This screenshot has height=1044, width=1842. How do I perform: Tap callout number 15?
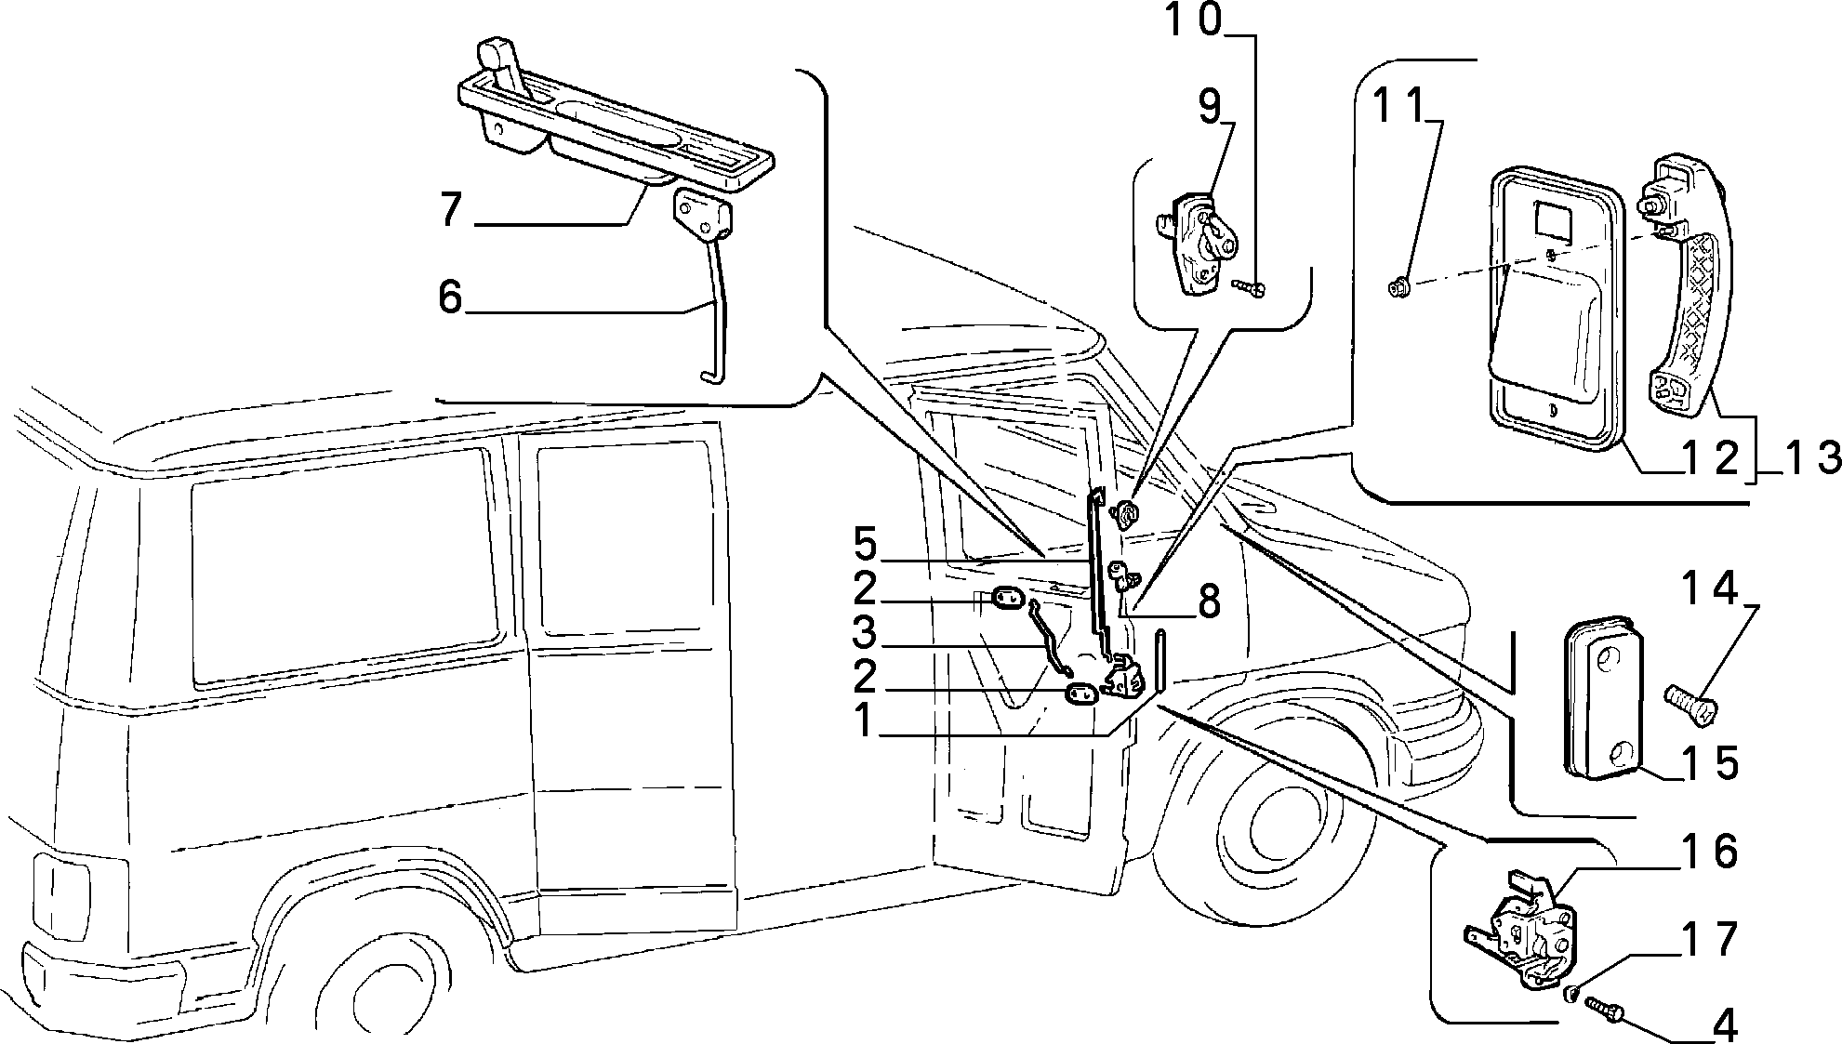click(1711, 762)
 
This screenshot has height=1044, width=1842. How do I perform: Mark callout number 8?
click(1208, 602)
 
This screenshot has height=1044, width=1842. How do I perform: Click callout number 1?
click(864, 720)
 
